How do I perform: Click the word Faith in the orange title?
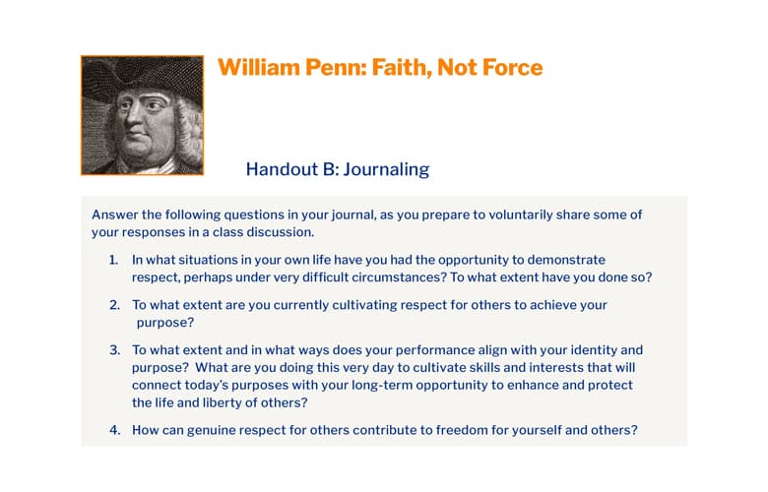[402, 68]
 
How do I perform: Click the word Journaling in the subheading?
[386, 169]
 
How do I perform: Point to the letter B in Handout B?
[329, 169]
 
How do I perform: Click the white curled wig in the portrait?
[189, 131]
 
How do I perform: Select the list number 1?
[113, 260]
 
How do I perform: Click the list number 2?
[114, 305]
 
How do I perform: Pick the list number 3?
[114, 350]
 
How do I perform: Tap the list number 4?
[114, 430]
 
